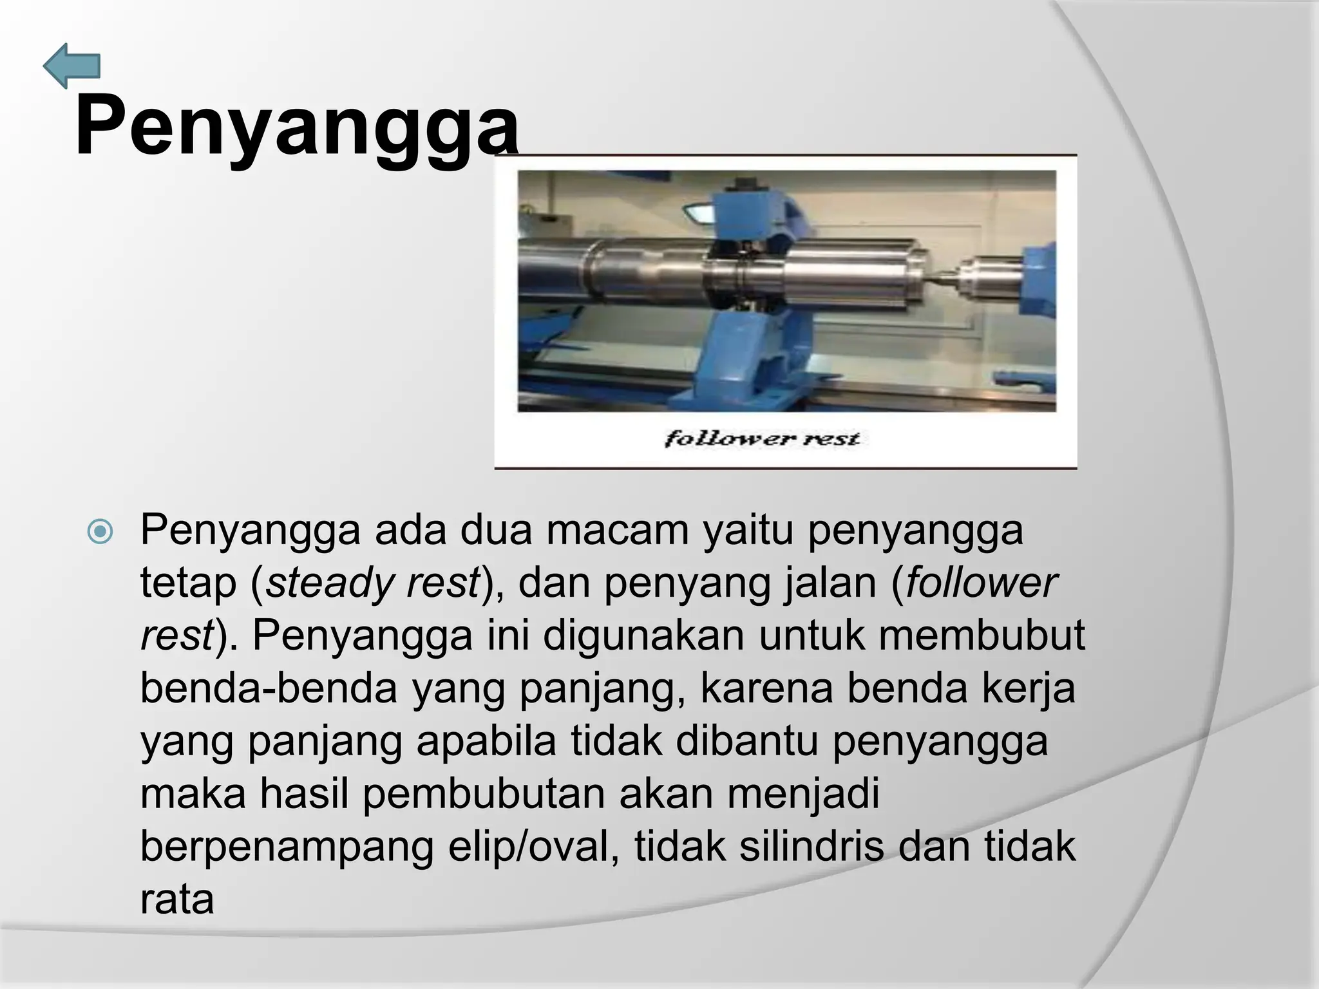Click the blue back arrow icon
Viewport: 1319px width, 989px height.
coord(72,66)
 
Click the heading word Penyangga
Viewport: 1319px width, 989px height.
coord(296,126)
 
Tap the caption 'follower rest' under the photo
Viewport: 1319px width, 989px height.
coord(762,439)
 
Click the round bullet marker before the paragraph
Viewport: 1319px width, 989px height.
coord(100,532)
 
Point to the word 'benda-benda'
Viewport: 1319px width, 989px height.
coord(269,688)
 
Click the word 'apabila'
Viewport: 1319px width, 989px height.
coord(486,741)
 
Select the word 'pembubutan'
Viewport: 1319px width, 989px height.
coord(484,794)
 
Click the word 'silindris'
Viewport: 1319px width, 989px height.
coord(811,847)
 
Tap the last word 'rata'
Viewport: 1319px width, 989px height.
coord(176,900)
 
